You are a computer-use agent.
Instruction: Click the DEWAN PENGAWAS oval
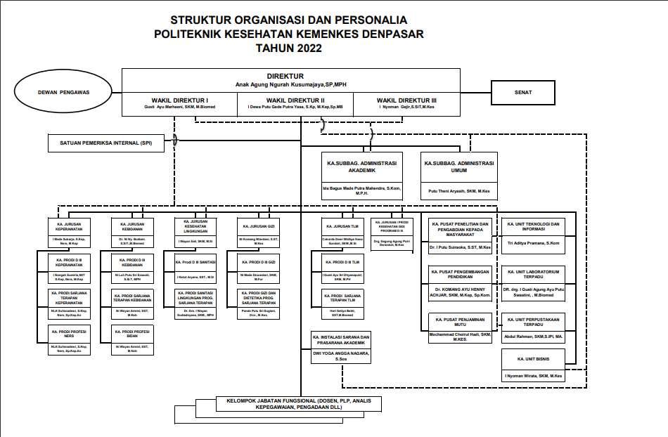point(64,91)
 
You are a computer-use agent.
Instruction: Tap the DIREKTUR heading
point(285,76)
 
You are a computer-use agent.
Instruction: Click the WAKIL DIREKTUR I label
point(180,100)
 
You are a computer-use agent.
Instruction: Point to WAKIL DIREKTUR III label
point(406,100)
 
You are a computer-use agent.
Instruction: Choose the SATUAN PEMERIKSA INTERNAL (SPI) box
point(105,143)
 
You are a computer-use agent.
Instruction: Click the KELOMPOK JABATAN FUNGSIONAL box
point(293,404)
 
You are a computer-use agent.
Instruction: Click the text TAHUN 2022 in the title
point(289,48)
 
